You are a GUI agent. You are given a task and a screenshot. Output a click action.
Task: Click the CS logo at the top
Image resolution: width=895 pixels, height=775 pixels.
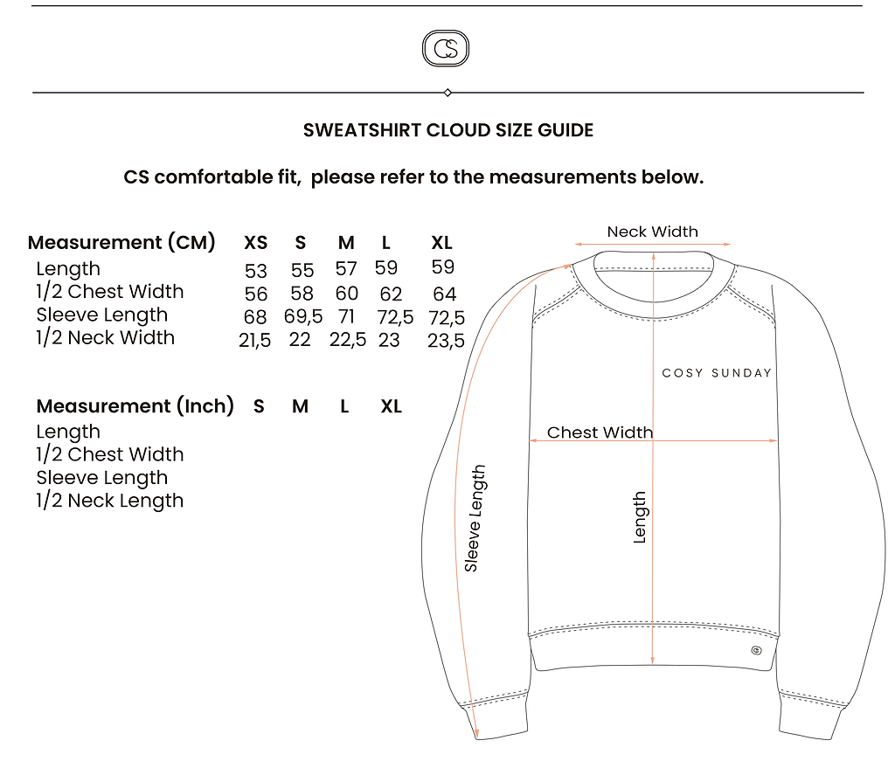[446, 49]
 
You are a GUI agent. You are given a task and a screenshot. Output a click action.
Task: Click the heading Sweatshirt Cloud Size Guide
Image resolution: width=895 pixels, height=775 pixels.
[448, 130]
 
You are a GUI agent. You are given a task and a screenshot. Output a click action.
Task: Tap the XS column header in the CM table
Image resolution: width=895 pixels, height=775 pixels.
[256, 243]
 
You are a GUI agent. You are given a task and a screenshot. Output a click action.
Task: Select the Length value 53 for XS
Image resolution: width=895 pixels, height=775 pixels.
[256, 271]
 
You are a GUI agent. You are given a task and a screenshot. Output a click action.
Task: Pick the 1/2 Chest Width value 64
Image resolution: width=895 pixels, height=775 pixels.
[444, 294]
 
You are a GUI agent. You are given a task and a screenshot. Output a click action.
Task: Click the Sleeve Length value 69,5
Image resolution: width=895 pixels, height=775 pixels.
[303, 316]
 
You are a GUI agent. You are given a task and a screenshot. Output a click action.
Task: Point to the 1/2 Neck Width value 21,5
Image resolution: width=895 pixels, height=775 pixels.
[254, 340]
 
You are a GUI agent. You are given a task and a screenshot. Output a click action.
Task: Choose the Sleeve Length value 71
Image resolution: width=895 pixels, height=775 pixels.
[346, 316]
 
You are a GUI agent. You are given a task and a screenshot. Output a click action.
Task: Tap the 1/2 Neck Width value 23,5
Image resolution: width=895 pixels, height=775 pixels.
[446, 341]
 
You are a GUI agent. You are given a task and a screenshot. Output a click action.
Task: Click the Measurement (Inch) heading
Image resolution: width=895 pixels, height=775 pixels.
[135, 405]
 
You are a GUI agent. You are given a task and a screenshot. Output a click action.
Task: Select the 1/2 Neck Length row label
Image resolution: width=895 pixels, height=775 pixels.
[109, 501]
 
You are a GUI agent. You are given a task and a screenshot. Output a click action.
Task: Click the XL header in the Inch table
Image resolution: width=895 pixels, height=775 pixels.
[391, 406]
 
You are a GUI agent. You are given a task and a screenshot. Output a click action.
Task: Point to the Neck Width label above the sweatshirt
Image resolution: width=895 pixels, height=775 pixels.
[652, 232]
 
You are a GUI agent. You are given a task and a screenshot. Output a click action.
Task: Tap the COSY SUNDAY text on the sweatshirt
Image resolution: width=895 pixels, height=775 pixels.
[717, 373]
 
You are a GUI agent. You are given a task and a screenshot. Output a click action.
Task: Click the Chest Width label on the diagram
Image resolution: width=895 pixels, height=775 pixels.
[600, 432]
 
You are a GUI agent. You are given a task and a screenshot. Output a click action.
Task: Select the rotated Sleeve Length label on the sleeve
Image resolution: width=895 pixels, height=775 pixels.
[475, 518]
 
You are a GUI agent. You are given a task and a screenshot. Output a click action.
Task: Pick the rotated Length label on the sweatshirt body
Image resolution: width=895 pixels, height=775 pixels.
[641, 517]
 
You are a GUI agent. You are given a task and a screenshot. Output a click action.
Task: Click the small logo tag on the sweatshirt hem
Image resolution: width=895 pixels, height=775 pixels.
[756, 651]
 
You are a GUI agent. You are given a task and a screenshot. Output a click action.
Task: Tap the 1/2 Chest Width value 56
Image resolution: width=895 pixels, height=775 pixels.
[256, 294]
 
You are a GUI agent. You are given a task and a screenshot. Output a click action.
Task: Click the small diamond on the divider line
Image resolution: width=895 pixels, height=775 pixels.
[447, 93]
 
